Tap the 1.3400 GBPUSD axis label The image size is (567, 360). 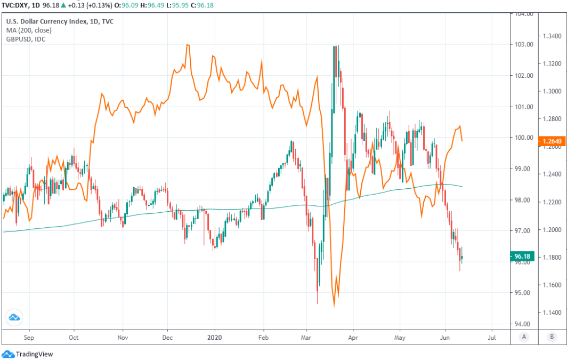coord(552,36)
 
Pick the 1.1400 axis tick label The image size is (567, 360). coord(552,313)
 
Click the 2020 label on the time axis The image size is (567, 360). coord(215,338)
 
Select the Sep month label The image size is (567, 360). coord(29,338)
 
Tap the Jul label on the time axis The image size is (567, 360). coord(492,338)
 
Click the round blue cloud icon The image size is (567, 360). coord(14,317)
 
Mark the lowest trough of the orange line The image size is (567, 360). coord(334,306)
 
